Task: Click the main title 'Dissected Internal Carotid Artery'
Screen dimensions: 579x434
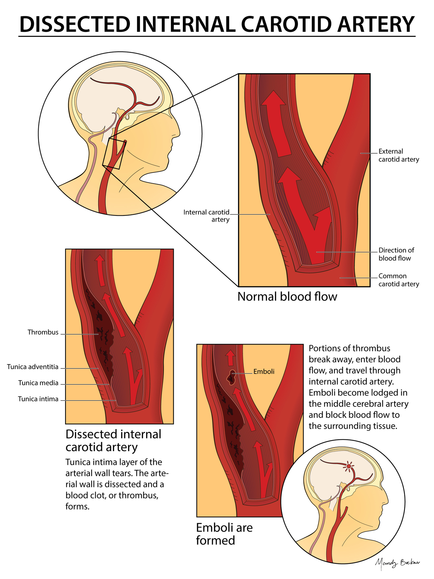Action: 217,24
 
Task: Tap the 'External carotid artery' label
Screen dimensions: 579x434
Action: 399,155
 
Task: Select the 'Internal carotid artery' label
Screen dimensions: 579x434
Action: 207,216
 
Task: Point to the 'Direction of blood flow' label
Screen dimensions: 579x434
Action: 396,254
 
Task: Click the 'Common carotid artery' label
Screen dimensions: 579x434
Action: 399,280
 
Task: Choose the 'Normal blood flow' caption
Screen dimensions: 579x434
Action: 287,296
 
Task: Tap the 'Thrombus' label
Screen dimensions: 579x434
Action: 43,332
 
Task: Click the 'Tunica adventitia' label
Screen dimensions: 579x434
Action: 33,367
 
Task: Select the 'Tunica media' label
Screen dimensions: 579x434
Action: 38,383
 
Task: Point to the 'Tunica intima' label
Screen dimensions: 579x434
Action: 38,399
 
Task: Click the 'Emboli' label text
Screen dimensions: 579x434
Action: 264,372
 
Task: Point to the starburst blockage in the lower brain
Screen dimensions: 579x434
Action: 349,466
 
